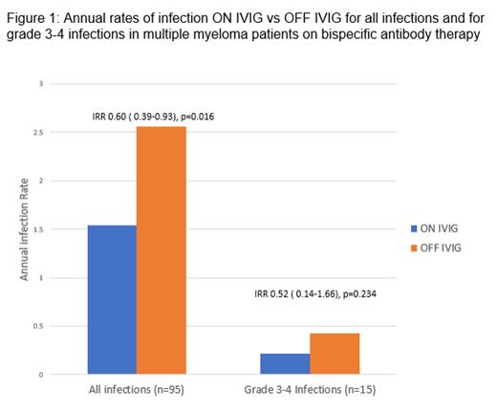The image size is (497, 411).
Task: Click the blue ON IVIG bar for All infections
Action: pos(111,300)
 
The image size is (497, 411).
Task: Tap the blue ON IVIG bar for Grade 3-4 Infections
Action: pos(285,364)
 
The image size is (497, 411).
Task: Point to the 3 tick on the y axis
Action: pos(40,84)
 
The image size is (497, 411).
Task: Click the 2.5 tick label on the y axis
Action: pos(37,133)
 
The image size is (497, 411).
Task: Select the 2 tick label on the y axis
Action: pos(40,181)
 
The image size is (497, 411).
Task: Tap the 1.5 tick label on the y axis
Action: pos(37,229)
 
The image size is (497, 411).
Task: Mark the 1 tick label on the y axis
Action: pos(40,278)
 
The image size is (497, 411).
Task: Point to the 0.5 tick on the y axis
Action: pos(37,326)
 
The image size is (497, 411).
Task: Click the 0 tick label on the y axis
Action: pos(40,375)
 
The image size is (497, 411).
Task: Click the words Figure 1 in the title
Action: pos(32,11)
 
